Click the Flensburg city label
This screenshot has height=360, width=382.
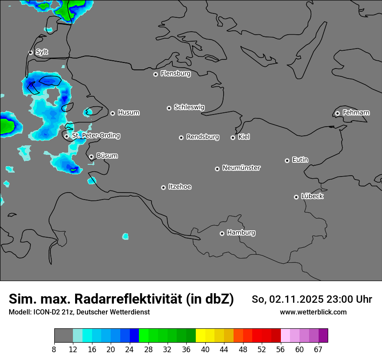[175, 74]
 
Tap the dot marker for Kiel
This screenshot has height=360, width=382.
[233, 137]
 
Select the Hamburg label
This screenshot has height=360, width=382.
[241, 233]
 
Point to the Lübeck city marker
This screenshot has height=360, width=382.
[296, 197]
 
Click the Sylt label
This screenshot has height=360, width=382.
[42, 52]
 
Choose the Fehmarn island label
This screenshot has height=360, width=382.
[356, 113]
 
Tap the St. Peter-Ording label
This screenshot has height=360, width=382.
[95, 136]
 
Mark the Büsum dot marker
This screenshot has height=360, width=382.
[91, 157]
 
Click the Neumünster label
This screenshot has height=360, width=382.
[241, 168]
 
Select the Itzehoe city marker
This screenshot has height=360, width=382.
[163, 187]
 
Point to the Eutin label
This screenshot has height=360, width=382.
[300, 160]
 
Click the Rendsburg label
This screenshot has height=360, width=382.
[203, 137]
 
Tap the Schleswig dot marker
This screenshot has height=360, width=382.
[169, 108]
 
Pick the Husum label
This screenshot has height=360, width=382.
[128, 113]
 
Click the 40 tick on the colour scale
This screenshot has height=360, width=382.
[205, 349]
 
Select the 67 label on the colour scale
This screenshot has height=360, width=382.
[318, 349]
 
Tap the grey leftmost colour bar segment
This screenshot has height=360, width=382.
[63, 336]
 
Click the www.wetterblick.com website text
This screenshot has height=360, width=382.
[313, 312]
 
